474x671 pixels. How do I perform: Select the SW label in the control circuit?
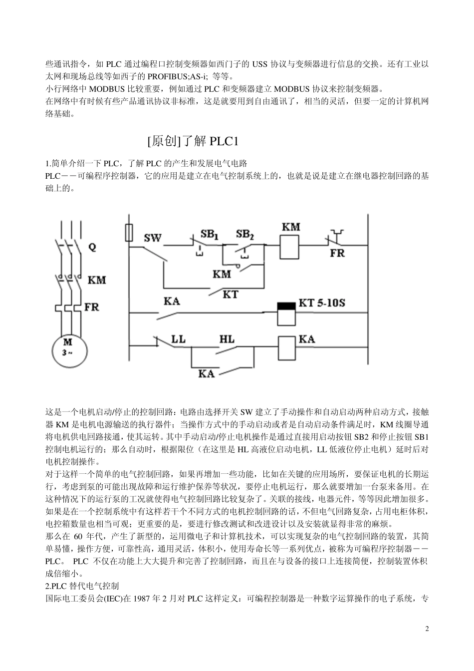(x=153, y=238)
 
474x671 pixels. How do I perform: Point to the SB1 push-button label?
(x=210, y=234)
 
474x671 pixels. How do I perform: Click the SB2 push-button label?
(x=245, y=234)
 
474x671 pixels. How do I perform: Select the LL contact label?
(x=178, y=339)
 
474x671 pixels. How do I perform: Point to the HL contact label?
(x=227, y=339)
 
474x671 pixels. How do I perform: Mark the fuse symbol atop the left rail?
(x=129, y=232)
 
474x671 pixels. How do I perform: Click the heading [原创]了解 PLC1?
(x=194, y=141)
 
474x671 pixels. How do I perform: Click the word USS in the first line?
(x=259, y=64)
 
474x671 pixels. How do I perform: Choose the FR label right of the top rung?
(x=337, y=253)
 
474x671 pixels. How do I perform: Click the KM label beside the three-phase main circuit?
(x=97, y=280)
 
